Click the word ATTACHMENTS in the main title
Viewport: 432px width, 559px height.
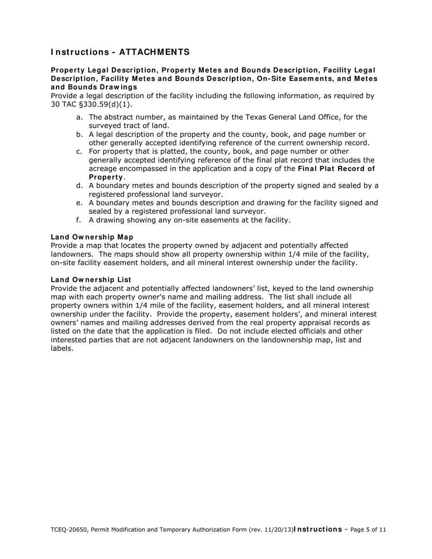pos(154,52)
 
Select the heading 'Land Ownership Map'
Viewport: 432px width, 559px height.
pos(92,237)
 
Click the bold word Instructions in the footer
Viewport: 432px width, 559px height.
pos(318,529)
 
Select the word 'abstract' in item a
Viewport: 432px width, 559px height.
pos(119,117)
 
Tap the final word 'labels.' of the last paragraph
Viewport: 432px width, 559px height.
pos(62,349)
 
